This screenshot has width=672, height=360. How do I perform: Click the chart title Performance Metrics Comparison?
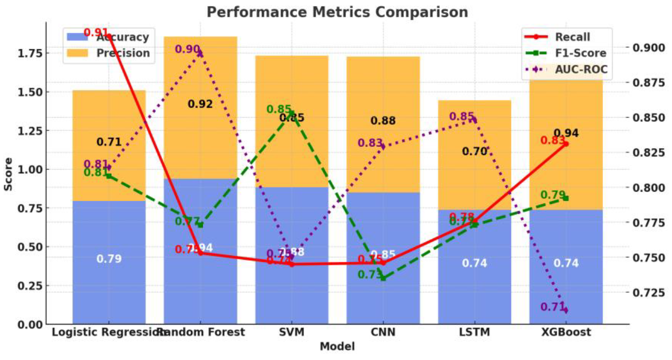337,12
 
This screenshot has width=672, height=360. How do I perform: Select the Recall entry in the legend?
572,37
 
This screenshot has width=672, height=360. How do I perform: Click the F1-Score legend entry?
580,53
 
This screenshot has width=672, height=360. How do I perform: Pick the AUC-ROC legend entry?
581,69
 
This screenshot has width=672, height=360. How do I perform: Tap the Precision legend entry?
123,53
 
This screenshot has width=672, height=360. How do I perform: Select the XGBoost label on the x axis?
566,332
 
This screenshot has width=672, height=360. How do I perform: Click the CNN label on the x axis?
383,332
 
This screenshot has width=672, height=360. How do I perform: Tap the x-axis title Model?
337,347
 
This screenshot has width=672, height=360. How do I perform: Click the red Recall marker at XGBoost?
566,144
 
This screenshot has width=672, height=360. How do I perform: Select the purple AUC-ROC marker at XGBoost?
566,310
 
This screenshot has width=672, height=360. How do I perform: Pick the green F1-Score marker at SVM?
292,113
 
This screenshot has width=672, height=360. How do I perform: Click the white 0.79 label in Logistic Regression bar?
109,259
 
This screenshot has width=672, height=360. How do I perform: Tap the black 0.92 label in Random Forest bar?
200,104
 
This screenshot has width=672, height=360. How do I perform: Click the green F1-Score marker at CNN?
383,278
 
